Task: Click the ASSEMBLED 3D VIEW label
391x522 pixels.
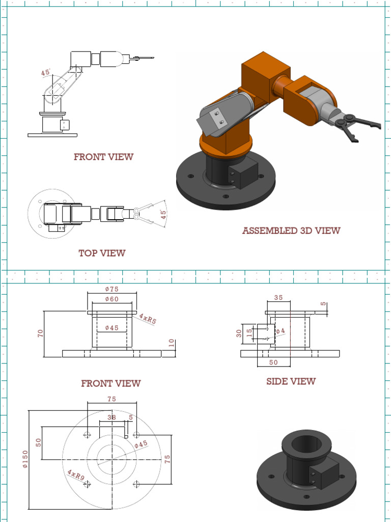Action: [291, 231]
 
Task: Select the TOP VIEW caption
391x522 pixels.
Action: [102, 253]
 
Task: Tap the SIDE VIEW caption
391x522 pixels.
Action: [291, 381]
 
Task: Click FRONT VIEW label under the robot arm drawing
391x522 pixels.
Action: [103, 157]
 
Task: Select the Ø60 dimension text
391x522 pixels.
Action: [111, 299]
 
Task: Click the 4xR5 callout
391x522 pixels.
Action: [148, 320]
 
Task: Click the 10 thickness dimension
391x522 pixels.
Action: [171, 343]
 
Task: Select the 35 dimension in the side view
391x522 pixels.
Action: [278, 297]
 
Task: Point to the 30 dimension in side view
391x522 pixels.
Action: [239, 333]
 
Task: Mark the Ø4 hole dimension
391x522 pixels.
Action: [281, 331]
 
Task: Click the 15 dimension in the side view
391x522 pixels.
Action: [249, 333]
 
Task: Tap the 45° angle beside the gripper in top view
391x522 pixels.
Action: [163, 214]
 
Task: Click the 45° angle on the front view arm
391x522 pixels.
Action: [46, 73]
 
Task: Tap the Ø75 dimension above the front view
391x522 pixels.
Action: [111, 290]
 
